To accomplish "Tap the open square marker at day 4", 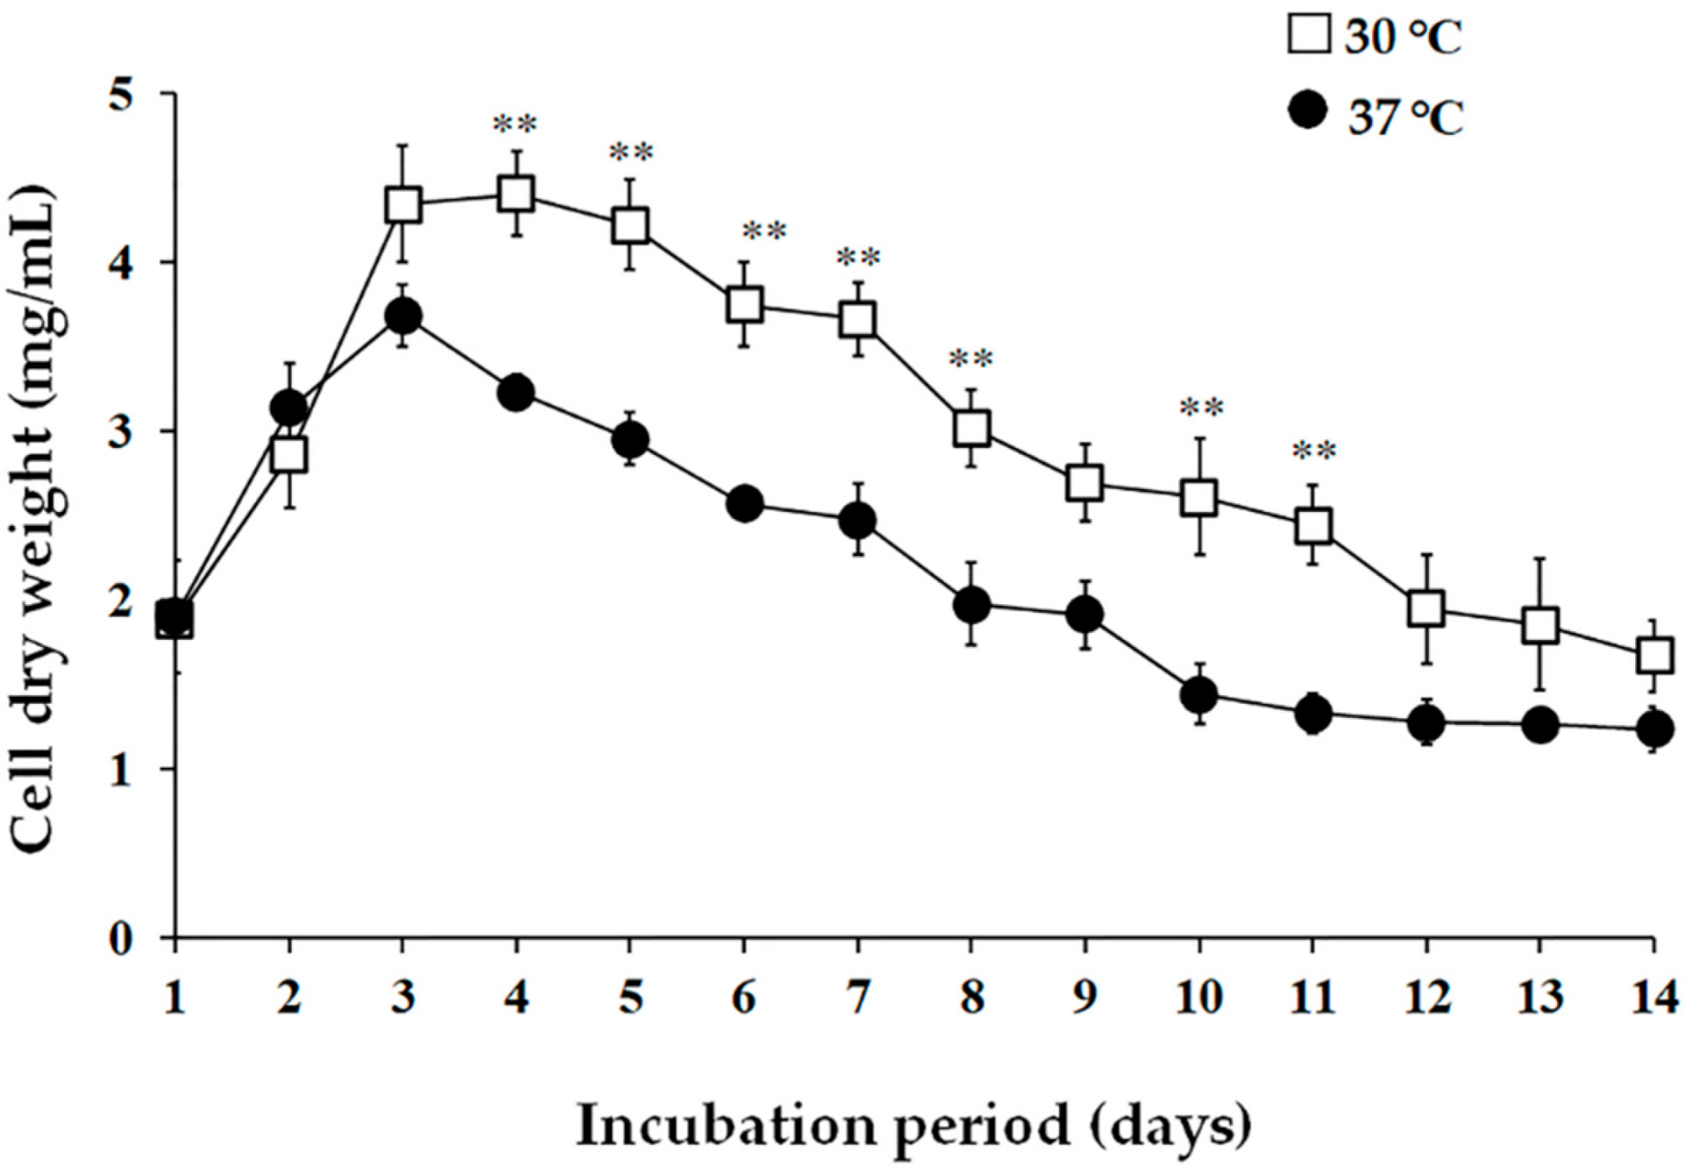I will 516,194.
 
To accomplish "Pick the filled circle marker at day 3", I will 403,317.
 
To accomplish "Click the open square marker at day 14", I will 1654,655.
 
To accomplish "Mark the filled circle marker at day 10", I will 1199,694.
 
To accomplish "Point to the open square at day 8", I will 971,429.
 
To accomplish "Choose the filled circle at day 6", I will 744,504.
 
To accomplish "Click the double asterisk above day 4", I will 515,124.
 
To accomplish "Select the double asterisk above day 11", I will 1314,451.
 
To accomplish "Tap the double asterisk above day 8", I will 971,359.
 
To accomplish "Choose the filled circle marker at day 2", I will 289,408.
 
